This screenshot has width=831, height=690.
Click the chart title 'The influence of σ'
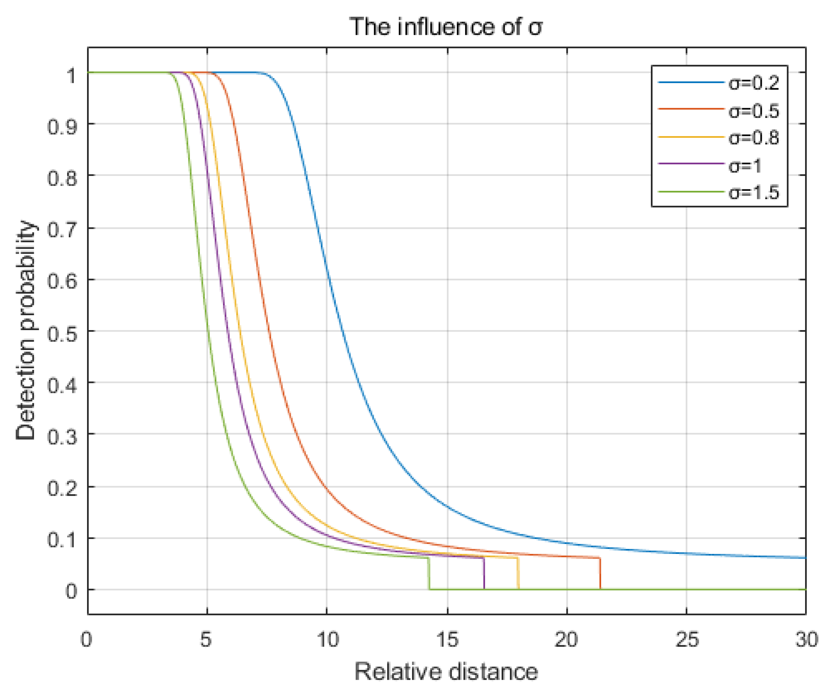tap(446, 27)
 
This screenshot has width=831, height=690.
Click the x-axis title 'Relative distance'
tap(446, 672)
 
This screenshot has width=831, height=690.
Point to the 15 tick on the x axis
tap(447, 640)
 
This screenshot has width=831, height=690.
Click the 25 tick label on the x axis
tap(686, 640)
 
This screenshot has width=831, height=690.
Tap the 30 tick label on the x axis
tap(806, 640)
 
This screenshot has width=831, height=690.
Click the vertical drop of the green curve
tap(429, 574)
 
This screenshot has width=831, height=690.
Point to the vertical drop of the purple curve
tap(484, 574)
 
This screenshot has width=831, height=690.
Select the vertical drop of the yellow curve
tap(518, 574)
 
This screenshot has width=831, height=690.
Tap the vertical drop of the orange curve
tap(600, 574)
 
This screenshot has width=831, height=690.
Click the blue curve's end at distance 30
tap(805, 558)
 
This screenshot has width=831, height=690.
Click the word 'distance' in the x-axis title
tap(493, 672)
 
